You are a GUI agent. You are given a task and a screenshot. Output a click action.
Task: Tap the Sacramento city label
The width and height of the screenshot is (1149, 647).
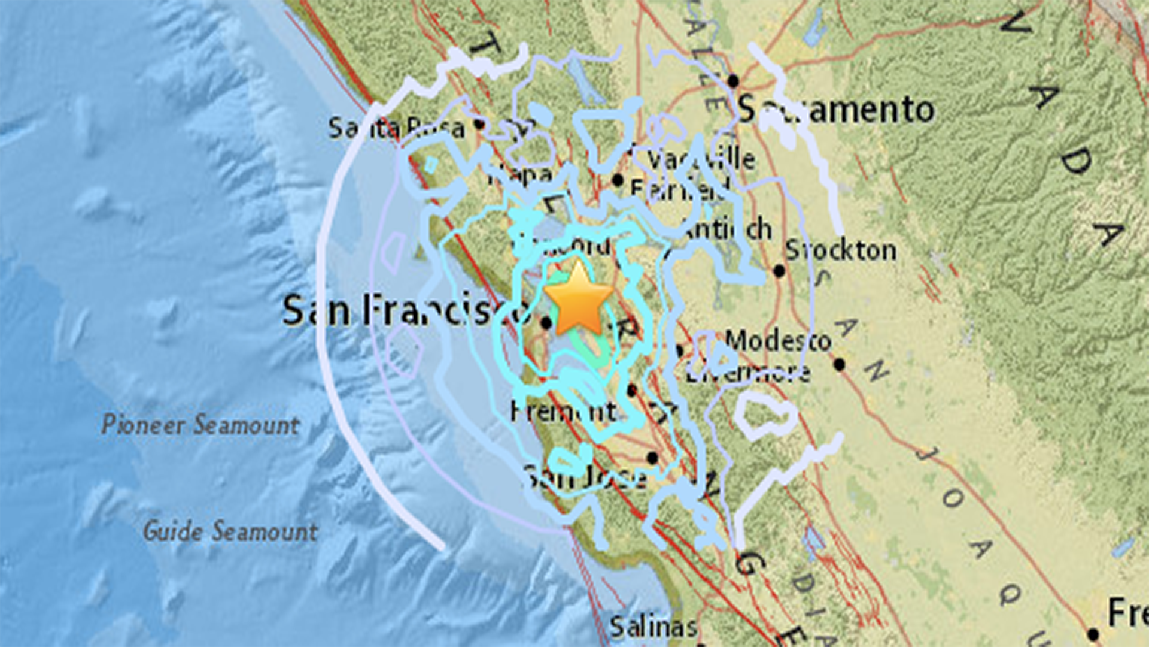pos(835,110)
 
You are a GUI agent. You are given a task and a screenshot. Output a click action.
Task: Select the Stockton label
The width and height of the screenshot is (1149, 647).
pos(840,250)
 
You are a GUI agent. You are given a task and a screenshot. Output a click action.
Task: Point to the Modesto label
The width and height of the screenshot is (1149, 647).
pos(778,341)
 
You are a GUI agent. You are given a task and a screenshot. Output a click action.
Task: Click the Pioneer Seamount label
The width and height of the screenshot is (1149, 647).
pos(200,425)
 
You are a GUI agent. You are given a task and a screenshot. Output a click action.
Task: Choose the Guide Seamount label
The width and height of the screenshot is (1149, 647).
pos(230,531)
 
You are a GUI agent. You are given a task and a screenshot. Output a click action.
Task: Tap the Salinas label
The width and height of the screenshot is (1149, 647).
pos(653,627)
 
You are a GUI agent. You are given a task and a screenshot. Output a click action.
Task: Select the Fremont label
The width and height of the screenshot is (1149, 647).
pos(563,412)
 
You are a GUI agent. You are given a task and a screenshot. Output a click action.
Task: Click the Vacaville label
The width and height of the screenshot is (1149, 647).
pos(701,159)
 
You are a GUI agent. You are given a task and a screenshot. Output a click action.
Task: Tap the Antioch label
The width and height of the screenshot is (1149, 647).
pos(727,229)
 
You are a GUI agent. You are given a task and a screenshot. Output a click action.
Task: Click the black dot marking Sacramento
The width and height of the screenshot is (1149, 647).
pos(733,81)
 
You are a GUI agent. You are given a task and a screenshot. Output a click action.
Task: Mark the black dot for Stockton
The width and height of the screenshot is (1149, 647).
pos(779,271)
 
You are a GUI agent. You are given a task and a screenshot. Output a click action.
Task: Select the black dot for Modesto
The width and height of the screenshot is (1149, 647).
pos(839,364)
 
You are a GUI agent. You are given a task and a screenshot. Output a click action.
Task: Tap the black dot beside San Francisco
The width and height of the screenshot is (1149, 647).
pos(546,323)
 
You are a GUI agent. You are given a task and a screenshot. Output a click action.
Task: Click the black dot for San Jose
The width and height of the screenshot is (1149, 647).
pos(652,458)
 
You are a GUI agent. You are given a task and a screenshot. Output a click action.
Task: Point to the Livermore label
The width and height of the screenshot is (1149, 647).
pos(748,373)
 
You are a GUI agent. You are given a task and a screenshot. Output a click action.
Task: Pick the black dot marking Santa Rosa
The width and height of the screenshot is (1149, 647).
pos(479,124)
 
